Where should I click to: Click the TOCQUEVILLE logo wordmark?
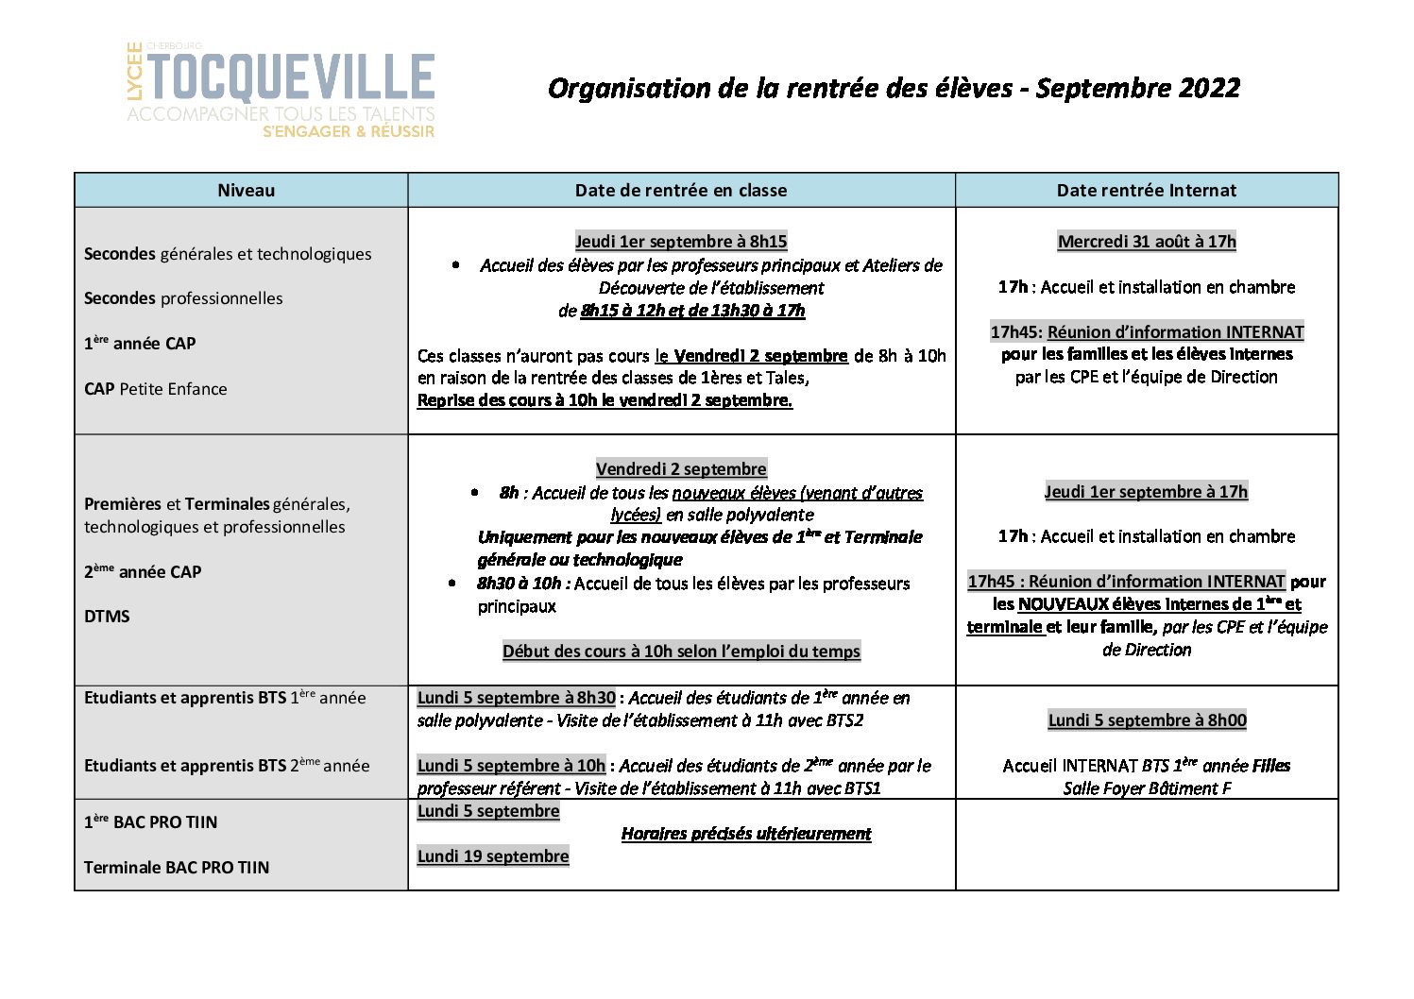[x=291, y=77]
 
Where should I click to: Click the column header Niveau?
[x=246, y=190]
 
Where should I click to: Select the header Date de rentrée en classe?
[x=680, y=190]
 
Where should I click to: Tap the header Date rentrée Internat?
[x=1146, y=190]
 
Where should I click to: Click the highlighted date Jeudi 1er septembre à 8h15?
[x=680, y=242]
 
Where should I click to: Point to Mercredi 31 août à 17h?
[x=1146, y=242]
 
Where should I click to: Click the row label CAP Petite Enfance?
[x=155, y=389]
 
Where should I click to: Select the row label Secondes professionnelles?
[x=183, y=298]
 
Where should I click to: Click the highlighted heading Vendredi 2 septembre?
[x=680, y=469]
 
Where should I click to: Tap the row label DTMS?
[x=107, y=617]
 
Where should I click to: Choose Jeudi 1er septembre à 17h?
[x=1146, y=492]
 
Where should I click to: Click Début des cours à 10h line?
[x=680, y=652]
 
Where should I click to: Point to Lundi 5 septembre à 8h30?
[x=516, y=698]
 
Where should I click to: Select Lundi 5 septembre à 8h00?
[x=1147, y=720]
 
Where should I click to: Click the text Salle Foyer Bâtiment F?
[x=1147, y=788]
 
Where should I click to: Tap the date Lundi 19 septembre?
[x=493, y=856]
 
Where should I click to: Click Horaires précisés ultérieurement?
[x=745, y=834]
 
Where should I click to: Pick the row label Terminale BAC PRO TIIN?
[x=177, y=868]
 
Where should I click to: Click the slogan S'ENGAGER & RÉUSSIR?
[x=349, y=132]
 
